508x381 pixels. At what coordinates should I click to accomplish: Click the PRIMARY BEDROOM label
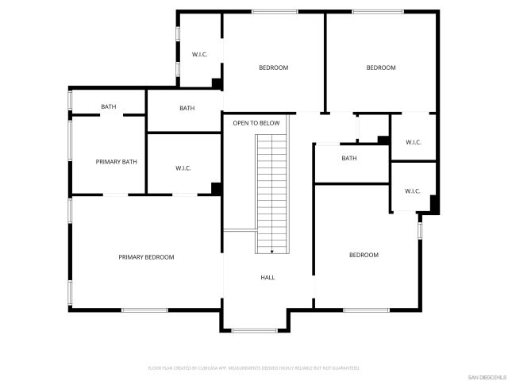coord(146,257)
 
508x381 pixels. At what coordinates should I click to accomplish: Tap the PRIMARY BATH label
coord(117,162)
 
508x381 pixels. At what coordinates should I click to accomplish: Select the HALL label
coord(268,278)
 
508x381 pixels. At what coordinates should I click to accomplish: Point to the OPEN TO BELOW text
coord(256,123)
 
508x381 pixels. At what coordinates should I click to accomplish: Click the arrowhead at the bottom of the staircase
coord(272,252)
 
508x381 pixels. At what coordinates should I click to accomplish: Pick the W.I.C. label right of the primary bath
coord(183,167)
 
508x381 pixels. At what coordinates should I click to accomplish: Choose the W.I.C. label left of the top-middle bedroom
coord(199,55)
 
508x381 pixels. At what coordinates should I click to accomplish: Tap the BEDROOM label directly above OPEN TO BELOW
coord(273,67)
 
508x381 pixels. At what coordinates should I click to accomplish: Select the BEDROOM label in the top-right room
coord(381,67)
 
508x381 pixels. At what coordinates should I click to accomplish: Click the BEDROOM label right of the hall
coord(364,255)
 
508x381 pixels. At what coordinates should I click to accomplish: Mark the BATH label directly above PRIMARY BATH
coord(108,107)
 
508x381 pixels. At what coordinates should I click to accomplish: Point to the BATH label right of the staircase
coord(349,158)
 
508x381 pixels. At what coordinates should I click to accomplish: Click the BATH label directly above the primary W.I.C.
coord(187,108)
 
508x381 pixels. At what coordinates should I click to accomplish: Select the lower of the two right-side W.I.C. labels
coord(413,191)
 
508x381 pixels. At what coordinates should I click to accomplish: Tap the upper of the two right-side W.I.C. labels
coord(413,142)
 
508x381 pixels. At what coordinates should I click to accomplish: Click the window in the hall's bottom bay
coord(254,330)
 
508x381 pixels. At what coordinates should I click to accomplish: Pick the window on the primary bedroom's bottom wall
coord(144,310)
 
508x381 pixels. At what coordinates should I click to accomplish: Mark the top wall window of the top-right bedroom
coord(376,11)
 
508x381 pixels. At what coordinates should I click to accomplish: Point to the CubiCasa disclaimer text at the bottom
coord(254,368)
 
